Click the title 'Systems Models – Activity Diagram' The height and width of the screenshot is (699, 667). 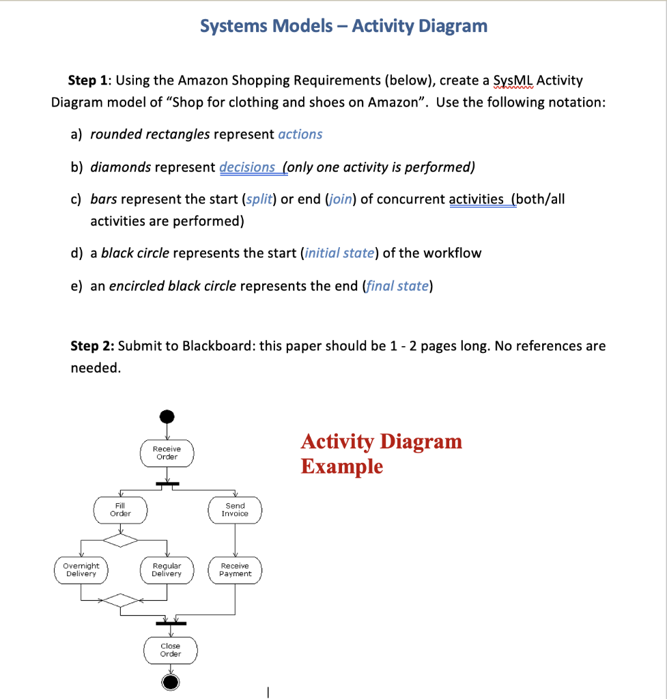click(x=343, y=26)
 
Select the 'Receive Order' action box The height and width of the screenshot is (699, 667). click(x=167, y=453)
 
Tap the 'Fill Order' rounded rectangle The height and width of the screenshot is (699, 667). click(x=120, y=510)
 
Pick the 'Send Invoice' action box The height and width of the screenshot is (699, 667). click(x=235, y=510)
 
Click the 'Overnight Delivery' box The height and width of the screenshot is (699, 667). click(x=81, y=570)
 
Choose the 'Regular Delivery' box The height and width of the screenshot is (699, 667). click(x=167, y=570)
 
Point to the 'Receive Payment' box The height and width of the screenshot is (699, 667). click(x=235, y=570)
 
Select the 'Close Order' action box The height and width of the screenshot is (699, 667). click(x=170, y=650)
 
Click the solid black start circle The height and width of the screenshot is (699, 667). click(x=167, y=416)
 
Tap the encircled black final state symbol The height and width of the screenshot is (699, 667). click(x=170, y=682)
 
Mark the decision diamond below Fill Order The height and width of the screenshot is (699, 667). click(x=120, y=541)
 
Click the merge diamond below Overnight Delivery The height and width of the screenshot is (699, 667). click(x=120, y=601)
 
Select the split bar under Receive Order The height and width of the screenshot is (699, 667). click(x=167, y=484)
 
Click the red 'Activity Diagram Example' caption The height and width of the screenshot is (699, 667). click(x=381, y=454)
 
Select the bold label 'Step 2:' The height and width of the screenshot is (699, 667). click(x=93, y=346)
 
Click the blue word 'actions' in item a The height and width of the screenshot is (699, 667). click(x=300, y=134)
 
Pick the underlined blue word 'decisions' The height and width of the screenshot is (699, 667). click(x=247, y=167)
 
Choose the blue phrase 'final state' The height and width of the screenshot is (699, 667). click(x=397, y=286)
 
